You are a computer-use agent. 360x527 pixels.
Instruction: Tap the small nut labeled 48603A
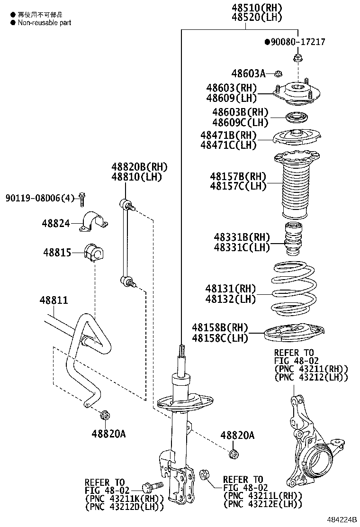pos(279,73)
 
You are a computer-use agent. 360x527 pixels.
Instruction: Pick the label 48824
pos(55,222)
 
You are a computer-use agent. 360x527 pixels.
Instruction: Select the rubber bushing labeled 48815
pos(95,253)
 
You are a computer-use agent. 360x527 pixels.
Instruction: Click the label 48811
pos(54,300)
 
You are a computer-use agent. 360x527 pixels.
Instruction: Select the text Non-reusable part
pos(45,22)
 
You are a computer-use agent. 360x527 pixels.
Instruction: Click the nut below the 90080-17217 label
pos(298,59)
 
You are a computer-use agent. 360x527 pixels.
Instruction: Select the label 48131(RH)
pos(230,289)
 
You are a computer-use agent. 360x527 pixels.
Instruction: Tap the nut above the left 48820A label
pos(105,416)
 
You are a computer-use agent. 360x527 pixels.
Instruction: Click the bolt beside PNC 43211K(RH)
pos(152,486)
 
